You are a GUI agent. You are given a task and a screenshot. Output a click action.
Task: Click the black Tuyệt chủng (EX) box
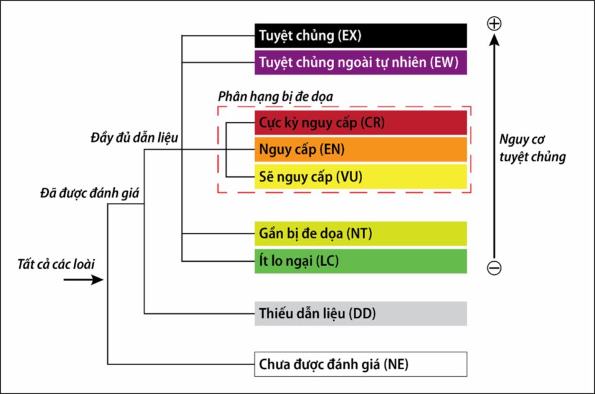tap(361, 36)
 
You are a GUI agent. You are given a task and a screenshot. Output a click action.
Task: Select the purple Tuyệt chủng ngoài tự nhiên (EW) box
tap(361, 62)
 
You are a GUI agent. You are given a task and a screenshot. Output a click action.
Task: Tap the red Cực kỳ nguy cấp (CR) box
tap(361, 123)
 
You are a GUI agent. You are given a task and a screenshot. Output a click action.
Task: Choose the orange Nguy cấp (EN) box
tap(361, 150)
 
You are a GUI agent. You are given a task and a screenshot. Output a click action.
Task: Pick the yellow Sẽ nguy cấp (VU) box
tap(361, 177)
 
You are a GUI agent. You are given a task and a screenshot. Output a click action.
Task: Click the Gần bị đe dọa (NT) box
tap(361, 234)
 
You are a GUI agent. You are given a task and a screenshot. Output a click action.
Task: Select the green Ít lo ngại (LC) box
tap(361, 261)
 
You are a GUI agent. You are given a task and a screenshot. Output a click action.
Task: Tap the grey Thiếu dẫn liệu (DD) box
tap(361, 313)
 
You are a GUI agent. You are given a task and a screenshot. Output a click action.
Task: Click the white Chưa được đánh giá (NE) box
tap(361, 364)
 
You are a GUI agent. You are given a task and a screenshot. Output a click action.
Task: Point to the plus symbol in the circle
tap(494, 24)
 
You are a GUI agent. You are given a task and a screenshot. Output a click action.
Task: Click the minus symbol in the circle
tap(494, 268)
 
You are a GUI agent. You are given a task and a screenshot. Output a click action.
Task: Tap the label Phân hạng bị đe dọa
tap(275, 97)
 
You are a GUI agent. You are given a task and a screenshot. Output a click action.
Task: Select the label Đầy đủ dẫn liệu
tap(134, 138)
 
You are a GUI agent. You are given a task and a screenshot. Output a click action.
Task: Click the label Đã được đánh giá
tap(89, 194)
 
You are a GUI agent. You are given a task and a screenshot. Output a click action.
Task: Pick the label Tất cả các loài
tap(56, 264)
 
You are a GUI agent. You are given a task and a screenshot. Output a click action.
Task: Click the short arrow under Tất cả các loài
tap(84, 280)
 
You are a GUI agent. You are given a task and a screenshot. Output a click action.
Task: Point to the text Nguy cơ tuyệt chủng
tap(532, 148)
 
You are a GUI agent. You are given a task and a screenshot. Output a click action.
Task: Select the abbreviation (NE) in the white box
tap(396, 364)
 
